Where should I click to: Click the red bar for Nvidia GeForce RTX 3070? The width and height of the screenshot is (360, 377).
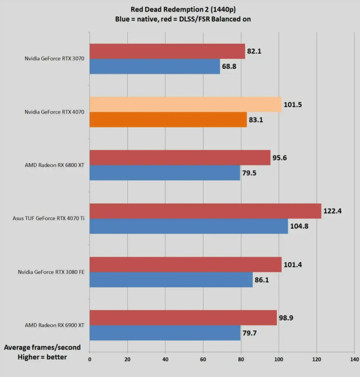coord(167,51)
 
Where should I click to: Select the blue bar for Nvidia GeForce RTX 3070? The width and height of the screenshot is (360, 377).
coord(154,67)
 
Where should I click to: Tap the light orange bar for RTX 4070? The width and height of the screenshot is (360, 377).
coord(185,105)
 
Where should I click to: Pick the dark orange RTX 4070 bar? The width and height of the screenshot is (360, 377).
coord(168,120)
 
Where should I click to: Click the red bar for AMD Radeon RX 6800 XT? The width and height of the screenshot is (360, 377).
coord(180,158)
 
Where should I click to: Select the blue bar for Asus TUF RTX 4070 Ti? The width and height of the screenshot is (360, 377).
coord(189,226)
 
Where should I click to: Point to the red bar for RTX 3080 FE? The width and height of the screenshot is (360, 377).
coord(185,265)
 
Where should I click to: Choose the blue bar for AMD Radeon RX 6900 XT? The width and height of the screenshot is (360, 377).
coord(165,333)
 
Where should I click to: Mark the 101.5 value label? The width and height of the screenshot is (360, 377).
coord(292,105)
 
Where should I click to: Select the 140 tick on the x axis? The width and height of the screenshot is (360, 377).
coord(354,359)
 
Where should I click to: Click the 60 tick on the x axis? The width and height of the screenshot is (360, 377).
coord(203,359)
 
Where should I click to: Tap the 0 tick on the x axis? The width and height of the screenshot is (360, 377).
coord(90,359)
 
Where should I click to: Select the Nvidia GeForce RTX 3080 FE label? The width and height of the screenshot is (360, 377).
coord(51,272)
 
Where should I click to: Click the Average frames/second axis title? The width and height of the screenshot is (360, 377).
coord(42,347)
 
